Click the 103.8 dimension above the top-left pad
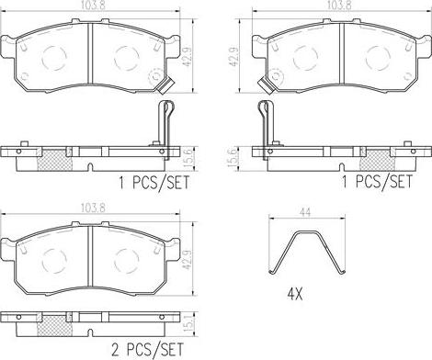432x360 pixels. pyautogui.click(x=93, y=6)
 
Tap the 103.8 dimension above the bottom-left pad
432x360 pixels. pyautogui.click(x=93, y=208)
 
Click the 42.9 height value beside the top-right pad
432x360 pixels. pyautogui.click(x=235, y=56)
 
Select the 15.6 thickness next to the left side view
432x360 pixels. pyautogui.click(x=189, y=159)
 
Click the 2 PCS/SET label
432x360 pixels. pyautogui.click(x=148, y=350)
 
